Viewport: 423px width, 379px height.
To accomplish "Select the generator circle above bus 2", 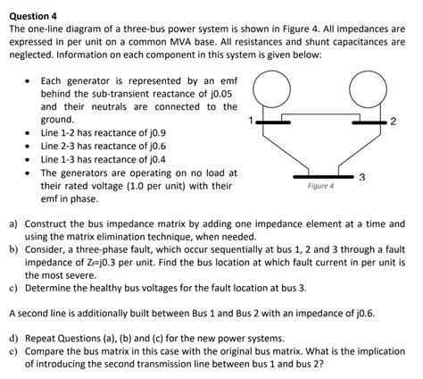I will click(x=368, y=88).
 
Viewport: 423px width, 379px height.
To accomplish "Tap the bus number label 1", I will click(x=252, y=120).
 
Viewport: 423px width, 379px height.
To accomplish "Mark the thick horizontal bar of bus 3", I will click(x=320, y=175).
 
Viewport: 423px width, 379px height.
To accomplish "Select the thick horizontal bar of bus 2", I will click(x=368, y=122).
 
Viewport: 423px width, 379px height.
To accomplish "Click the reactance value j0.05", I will click(x=220, y=93).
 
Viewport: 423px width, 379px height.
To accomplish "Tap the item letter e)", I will click(x=14, y=353).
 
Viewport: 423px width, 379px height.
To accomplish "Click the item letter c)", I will click(x=14, y=289).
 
